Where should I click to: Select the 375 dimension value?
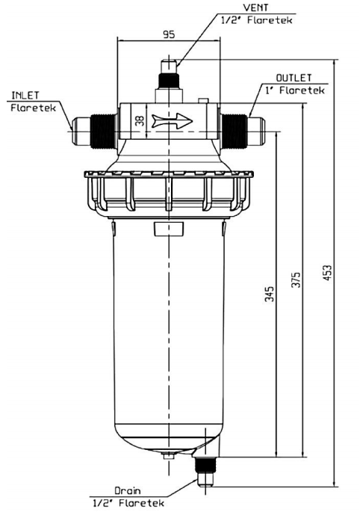click(297, 280)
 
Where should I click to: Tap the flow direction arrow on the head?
click(171, 120)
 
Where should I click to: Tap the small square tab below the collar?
click(162, 227)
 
